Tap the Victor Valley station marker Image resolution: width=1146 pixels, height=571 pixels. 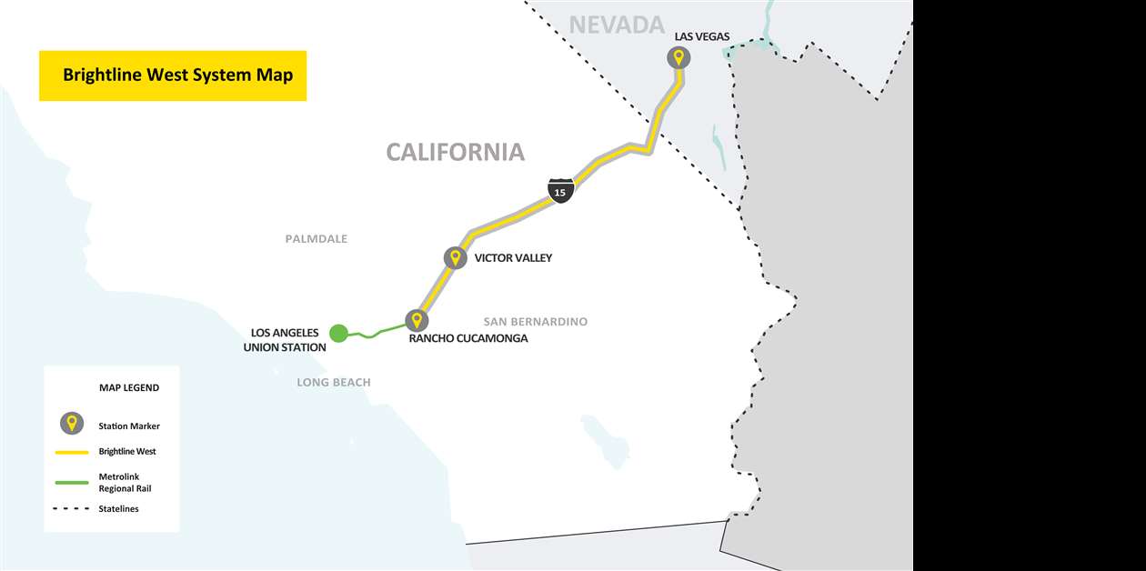click(455, 257)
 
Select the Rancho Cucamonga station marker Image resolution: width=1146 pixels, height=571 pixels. click(417, 320)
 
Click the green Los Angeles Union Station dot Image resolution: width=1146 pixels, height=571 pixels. click(338, 334)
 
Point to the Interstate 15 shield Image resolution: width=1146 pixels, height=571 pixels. click(560, 191)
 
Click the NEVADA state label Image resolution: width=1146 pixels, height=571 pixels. click(617, 25)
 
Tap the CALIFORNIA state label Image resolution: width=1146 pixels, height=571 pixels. click(455, 152)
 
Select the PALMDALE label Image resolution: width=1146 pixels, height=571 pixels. click(316, 239)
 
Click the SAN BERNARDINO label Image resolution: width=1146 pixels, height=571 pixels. click(535, 322)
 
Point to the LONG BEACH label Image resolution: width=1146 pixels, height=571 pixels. click(334, 383)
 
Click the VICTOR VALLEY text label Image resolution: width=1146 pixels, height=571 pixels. click(513, 258)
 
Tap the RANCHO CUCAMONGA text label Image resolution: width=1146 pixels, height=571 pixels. click(468, 338)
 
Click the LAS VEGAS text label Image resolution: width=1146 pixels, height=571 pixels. click(701, 36)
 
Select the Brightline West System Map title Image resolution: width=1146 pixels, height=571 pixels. click(177, 75)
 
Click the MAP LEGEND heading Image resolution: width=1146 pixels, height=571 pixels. click(129, 387)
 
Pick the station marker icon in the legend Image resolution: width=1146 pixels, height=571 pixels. click(71, 424)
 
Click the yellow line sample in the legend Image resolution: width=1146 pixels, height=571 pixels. click(71, 451)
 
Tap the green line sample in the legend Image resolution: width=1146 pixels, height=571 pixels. click(71, 482)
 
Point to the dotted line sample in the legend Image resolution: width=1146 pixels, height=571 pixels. click(71, 509)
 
